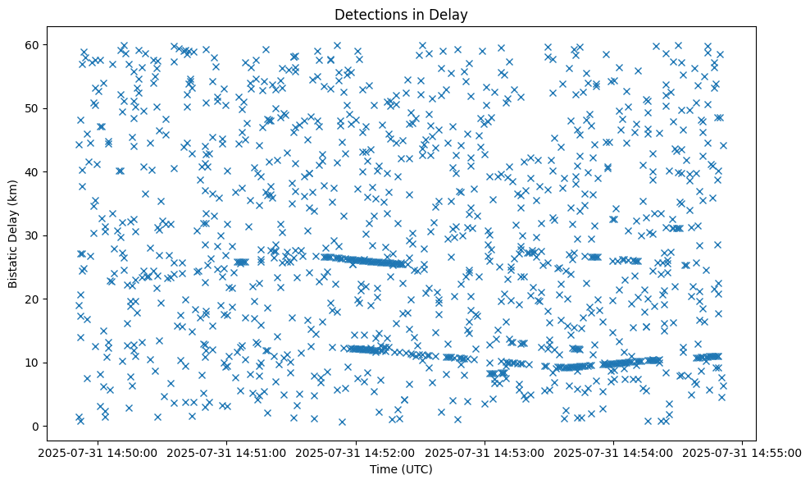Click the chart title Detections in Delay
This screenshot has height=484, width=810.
coord(401,14)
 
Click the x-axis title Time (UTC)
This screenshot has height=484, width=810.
coord(401,469)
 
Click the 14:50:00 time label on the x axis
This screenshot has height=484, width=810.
coord(98,452)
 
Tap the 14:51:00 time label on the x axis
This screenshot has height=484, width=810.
coord(228,452)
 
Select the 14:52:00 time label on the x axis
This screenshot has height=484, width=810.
coord(357,452)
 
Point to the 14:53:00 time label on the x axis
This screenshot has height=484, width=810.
coord(485,452)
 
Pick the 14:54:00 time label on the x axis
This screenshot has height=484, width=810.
coord(614,452)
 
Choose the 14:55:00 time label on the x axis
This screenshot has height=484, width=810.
coord(743,452)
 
